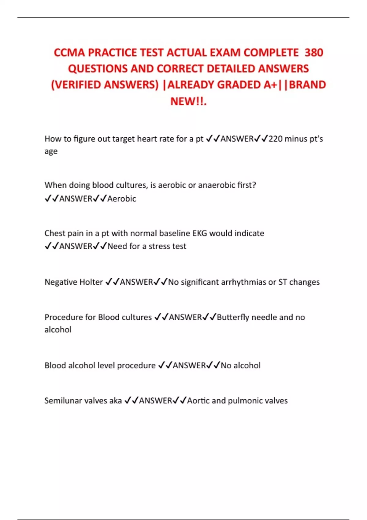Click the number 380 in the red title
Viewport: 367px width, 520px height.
pos(314,53)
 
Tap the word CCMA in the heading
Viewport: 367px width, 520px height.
pos(69,53)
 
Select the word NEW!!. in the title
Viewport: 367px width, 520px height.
pos(188,101)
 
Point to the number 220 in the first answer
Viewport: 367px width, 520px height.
pos(276,139)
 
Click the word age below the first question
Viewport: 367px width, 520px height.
pos(51,152)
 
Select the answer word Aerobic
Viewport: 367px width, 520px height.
pos(122,199)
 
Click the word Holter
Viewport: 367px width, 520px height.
pos(91,282)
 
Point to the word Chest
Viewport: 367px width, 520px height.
pos(54,233)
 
